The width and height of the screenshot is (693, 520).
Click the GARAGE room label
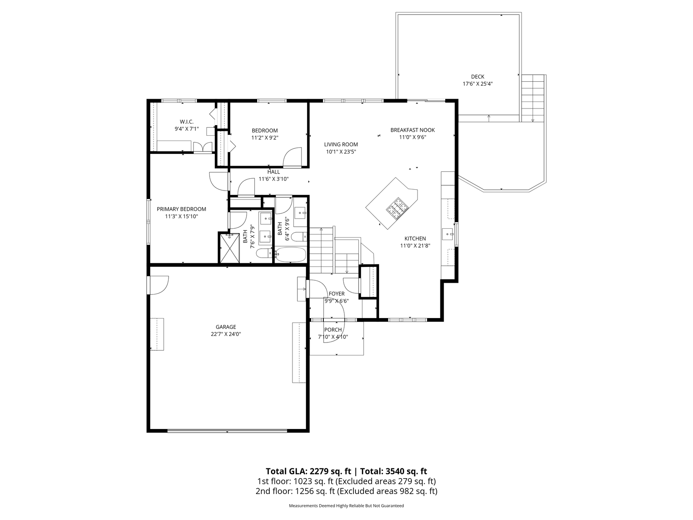click(x=225, y=327)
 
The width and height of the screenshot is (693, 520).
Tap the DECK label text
click(x=478, y=76)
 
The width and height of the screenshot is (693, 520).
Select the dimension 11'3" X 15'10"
click(x=181, y=217)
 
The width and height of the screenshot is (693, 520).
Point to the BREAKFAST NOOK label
click(x=412, y=130)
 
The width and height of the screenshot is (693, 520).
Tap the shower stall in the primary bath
click(x=230, y=247)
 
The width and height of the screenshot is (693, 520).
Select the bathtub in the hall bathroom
click(x=290, y=255)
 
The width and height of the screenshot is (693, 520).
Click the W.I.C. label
click(x=186, y=122)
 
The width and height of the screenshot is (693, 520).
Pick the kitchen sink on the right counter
click(x=448, y=234)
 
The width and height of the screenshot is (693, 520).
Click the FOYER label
click(x=336, y=294)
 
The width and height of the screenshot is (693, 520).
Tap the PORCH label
click(x=333, y=329)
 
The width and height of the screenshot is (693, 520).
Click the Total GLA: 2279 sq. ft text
click(x=308, y=471)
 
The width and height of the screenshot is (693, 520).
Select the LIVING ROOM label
click(x=341, y=144)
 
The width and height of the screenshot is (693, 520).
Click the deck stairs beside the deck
click(x=533, y=98)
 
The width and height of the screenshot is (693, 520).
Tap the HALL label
click(x=273, y=172)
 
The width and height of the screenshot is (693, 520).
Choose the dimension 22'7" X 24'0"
click(x=225, y=334)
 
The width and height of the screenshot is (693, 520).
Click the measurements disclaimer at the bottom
click(x=346, y=506)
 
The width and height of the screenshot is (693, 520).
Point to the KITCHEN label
click(x=415, y=238)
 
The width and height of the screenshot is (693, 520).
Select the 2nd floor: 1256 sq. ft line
click(x=346, y=491)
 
